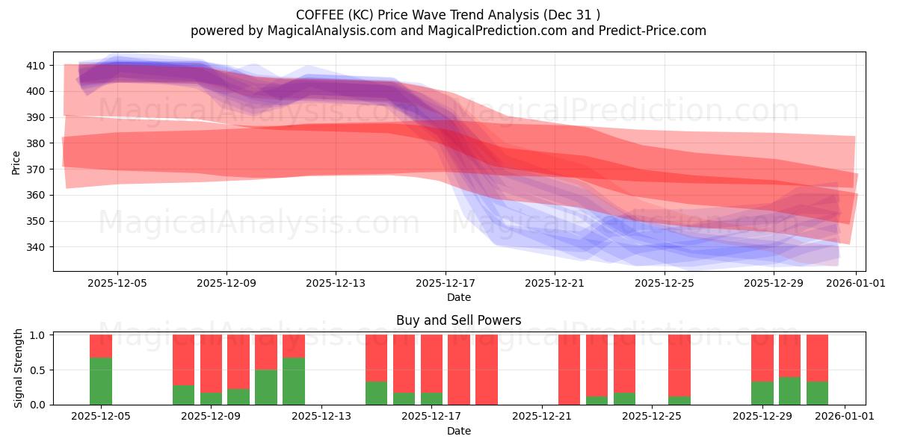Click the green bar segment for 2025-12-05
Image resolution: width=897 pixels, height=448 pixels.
tap(101, 381)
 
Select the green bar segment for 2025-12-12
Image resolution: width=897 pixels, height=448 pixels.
tap(294, 381)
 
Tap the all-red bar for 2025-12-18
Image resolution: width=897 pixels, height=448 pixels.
tap(459, 370)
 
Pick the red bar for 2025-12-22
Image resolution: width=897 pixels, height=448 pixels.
tap(569, 370)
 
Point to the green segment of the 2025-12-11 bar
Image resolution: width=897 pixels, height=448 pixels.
tap(266, 387)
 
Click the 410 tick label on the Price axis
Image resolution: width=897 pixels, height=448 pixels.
tap(36, 66)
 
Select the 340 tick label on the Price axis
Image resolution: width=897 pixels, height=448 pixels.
tap(36, 247)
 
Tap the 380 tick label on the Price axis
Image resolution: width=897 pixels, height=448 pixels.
tap(36, 143)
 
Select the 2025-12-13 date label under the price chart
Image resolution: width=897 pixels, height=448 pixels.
tap(336, 283)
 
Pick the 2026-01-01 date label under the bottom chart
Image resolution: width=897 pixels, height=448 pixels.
tap(845, 417)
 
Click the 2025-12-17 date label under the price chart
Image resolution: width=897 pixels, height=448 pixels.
tap(446, 283)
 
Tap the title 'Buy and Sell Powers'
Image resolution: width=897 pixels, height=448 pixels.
tap(458, 320)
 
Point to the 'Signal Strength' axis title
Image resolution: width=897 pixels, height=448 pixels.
tap(19, 369)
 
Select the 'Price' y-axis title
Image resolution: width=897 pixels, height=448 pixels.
tap(16, 161)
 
